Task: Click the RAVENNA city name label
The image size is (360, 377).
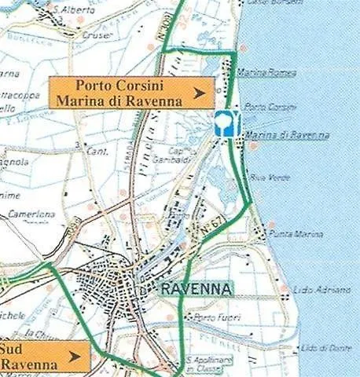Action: click(x=197, y=289)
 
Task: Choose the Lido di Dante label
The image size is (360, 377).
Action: click(x=326, y=347)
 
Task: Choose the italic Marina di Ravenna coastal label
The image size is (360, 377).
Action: click(x=287, y=135)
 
